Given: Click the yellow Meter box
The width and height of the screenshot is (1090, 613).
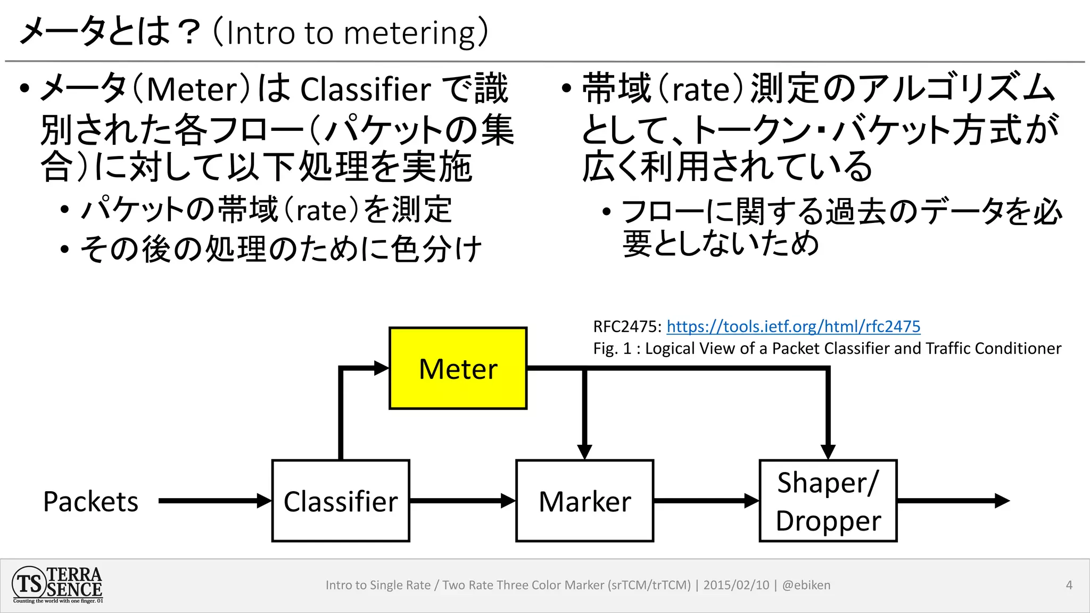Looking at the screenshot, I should pos(458,368).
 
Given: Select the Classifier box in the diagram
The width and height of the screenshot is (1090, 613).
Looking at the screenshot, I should pos(341,501).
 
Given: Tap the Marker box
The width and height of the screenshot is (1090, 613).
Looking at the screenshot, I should pos(584,501).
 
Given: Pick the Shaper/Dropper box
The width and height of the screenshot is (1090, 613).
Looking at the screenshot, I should pos(828,501).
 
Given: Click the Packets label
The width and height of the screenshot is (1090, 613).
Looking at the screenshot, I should pos(90,501).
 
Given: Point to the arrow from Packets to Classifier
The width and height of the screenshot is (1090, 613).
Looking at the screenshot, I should pos(213,501).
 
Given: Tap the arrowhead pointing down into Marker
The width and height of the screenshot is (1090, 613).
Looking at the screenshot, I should pos(584,451).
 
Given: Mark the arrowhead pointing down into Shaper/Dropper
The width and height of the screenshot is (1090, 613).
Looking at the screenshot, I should pos(828,451).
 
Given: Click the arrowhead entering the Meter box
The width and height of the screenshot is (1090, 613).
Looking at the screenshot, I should pos(381,368).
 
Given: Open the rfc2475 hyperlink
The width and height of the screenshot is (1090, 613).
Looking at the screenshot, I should pos(793,326).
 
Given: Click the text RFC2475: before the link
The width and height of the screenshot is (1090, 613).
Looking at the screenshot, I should pos(627,326).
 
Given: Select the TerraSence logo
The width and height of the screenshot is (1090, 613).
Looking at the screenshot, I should pos(57,585).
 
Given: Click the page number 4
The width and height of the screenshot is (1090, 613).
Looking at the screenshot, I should pos(1069,585).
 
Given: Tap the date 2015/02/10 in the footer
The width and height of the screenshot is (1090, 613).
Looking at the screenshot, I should pos(736,585).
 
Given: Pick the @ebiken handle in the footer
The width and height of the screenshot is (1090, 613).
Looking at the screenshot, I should pos(806,585).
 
